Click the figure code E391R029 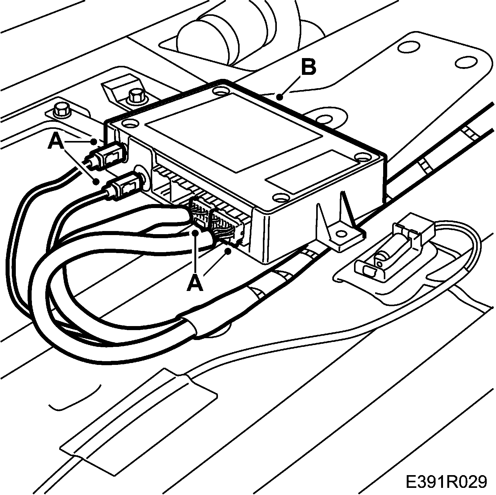(446, 482)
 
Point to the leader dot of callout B (280, 98)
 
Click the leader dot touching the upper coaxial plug (94, 142)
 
